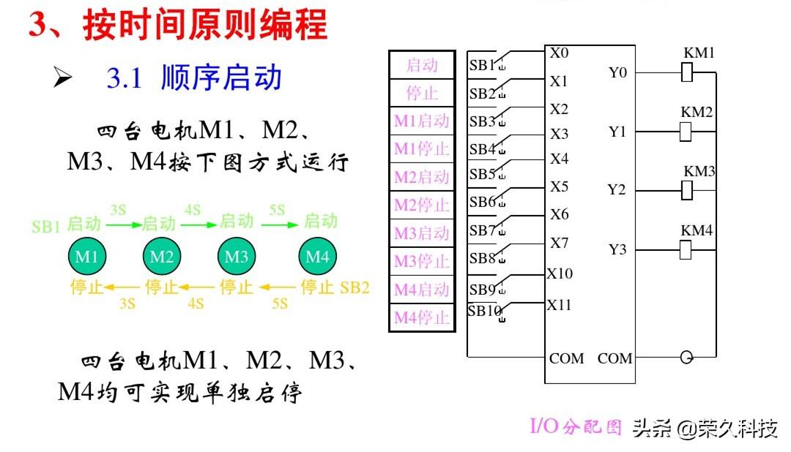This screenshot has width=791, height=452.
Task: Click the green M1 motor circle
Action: point(87,257)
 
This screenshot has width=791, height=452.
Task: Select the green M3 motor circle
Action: point(236,257)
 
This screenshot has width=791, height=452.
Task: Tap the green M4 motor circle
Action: point(317,257)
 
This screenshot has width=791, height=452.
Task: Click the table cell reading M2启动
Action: point(421,177)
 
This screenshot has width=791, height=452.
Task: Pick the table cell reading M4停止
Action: point(421,317)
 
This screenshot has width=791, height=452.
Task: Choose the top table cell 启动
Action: point(421,65)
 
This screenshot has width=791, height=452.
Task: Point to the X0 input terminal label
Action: point(559,53)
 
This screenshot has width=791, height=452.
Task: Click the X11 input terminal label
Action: point(559,305)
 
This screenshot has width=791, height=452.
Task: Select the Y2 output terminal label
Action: point(617,190)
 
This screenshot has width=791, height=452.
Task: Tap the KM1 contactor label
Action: point(699,53)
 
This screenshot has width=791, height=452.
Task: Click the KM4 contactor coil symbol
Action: point(686,249)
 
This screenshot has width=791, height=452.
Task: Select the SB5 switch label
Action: point(483,174)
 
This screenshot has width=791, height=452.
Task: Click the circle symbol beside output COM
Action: point(686,358)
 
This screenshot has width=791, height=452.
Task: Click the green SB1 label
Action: point(45,226)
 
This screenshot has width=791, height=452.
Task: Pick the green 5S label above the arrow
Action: point(277,210)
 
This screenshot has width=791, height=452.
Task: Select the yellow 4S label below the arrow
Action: point(196,302)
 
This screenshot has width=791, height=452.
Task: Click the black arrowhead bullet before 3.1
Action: point(63,78)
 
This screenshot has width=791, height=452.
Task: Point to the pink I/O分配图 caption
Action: point(576,427)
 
